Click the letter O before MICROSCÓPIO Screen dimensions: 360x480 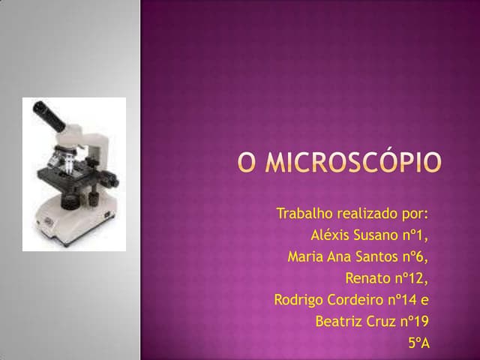tap(247, 163)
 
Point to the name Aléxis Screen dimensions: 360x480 tap(332, 235)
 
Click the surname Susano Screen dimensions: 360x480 tap(382, 235)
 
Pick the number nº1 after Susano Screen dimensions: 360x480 tap(419, 235)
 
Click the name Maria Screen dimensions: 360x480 tap(304, 256)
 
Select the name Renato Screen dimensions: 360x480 tap(367, 278)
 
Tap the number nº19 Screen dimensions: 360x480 tap(415, 322)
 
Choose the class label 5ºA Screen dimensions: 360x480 tap(418, 343)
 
